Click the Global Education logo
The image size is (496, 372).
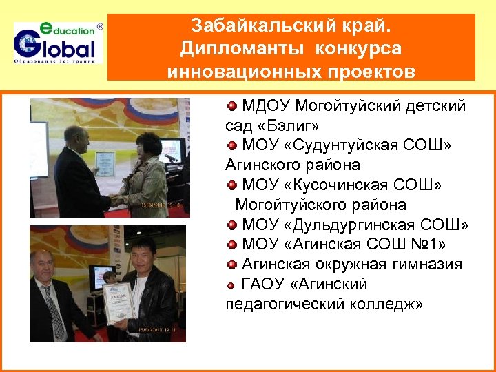tap(58, 43)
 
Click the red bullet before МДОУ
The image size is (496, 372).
tap(232, 106)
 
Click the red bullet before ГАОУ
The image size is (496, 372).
tap(232, 285)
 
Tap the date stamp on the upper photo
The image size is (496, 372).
tap(161, 205)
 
